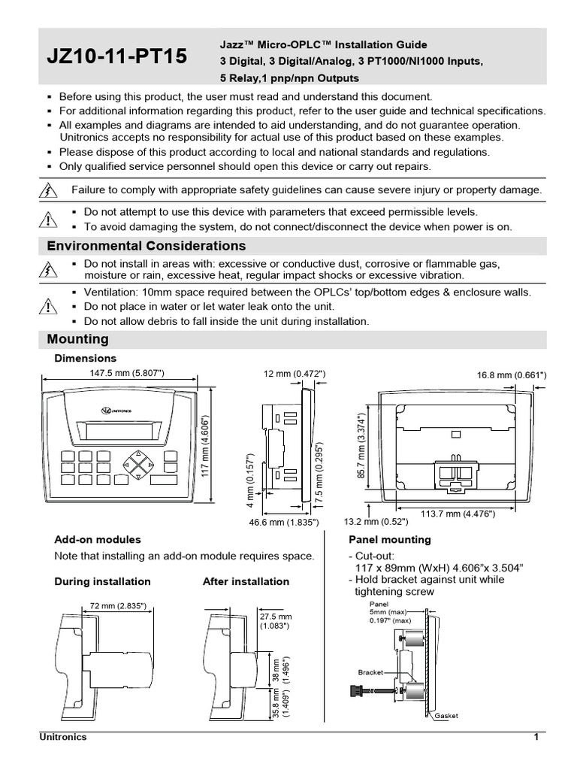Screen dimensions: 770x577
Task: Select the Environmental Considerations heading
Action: tap(146, 246)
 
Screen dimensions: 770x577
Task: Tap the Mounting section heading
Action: tap(77, 339)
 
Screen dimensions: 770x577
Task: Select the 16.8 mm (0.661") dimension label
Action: tap(512, 374)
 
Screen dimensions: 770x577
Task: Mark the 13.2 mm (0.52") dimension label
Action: tap(376, 521)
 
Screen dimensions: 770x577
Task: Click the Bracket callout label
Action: tap(371, 671)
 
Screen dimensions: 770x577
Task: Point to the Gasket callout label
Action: tap(446, 716)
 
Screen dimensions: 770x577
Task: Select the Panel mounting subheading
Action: tap(390, 539)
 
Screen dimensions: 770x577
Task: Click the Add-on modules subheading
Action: tap(98, 539)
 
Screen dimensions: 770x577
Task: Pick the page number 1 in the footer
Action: tap(536, 737)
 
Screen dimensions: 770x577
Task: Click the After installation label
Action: tap(246, 581)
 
